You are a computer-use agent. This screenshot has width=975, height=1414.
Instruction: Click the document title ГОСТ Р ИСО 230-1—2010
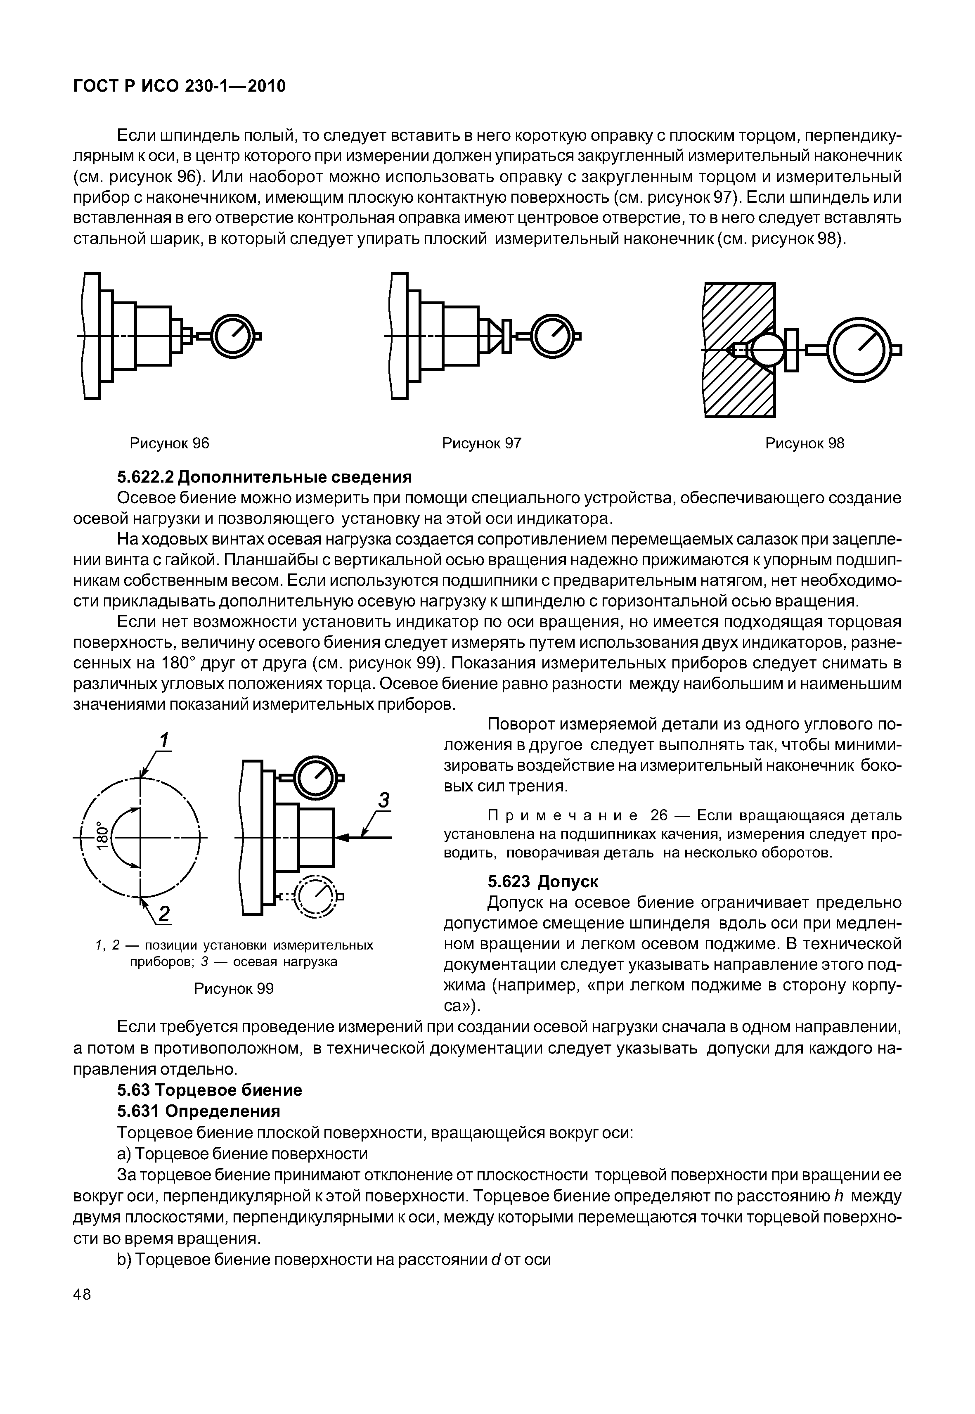pyautogui.click(x=179, y=87)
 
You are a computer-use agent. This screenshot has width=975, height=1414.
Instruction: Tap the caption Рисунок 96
pyautogui.click(x=169, y=443)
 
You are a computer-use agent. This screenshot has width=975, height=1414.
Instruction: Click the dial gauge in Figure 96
pyautogui.click(x=233, y=336)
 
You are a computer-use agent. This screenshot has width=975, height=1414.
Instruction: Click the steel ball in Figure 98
pyautogui.click(x=767, y=350)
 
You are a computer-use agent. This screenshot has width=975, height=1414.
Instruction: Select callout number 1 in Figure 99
pyautogui.click(x=164, y=741)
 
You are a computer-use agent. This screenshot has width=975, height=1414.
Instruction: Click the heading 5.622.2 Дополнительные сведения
pyautogui.click(x=264, y=476)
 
